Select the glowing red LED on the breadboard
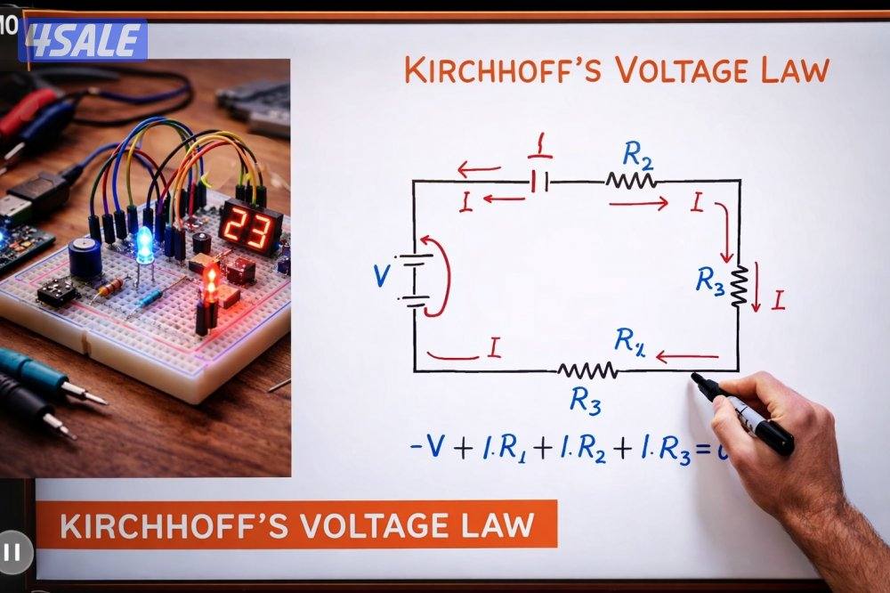[212, 284]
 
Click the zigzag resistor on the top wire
[631, 181]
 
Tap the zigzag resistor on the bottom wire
[587, 370]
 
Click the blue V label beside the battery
[382, 277]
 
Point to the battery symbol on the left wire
[413, 280]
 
